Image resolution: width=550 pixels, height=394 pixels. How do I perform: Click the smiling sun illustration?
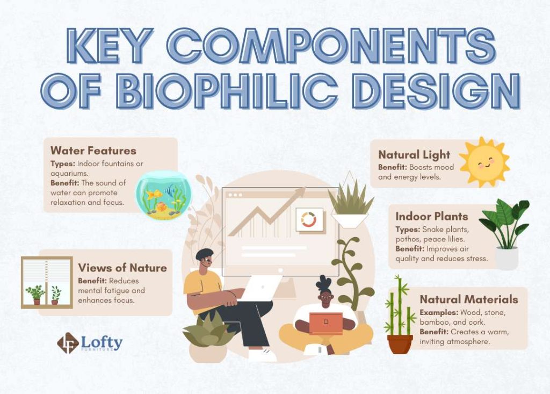coord(484,162)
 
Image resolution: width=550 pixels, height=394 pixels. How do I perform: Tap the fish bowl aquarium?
coord(164,195)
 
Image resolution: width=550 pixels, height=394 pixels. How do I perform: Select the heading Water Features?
coord(93,151)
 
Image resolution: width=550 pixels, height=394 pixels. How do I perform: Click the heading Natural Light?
coord(414,155)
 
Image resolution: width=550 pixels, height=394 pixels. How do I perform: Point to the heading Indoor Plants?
coord(432,216)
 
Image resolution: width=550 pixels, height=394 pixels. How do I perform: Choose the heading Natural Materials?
coord(469,299)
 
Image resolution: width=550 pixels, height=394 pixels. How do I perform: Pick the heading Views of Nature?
coord(122,268)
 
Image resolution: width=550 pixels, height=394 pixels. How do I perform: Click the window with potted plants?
coord(47,283)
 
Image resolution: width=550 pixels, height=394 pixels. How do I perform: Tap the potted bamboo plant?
coord(400,314)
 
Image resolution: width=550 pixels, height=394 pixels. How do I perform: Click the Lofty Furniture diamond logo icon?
coord(68,343)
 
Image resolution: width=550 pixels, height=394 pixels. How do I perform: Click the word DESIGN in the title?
coord(436,90)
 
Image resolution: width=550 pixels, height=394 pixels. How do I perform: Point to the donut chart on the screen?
coord(309,220)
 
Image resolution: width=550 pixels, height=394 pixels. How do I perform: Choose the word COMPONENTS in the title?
coord(331,46)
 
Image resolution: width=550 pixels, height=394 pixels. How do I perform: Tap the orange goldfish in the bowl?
coord(154,194)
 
